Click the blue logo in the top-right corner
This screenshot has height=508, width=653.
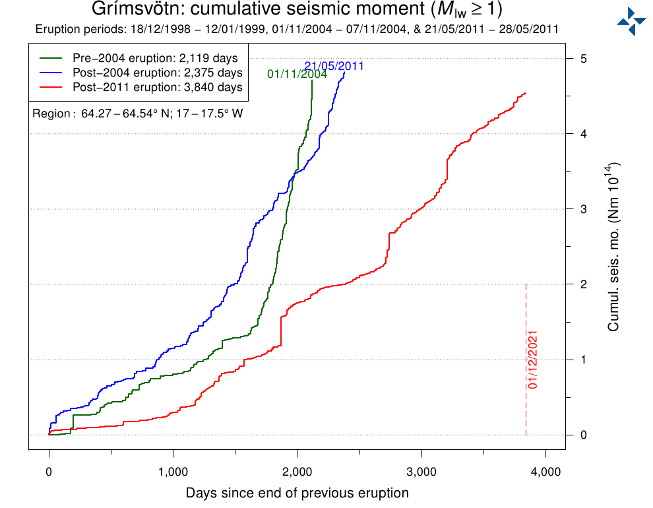[631, 22]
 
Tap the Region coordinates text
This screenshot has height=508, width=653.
[138, 114]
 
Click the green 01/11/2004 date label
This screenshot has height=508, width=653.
[297, 75]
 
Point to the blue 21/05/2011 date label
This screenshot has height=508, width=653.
[334, 66]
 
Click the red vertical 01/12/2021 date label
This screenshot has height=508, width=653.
[533, 360]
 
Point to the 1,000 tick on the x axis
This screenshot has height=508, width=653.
[173, 472]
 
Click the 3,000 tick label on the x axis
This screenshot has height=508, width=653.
[421, 472]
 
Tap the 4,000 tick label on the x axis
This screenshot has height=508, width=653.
[545, 472]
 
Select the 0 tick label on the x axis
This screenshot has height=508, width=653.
[49, 472]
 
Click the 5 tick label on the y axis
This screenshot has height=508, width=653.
[583, 59]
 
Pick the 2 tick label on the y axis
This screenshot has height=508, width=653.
[583, 284]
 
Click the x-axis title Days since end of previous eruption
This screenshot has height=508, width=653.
[297, 493]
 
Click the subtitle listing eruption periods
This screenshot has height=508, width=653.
[297, 30]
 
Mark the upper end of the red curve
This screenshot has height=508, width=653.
[525, 93]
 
